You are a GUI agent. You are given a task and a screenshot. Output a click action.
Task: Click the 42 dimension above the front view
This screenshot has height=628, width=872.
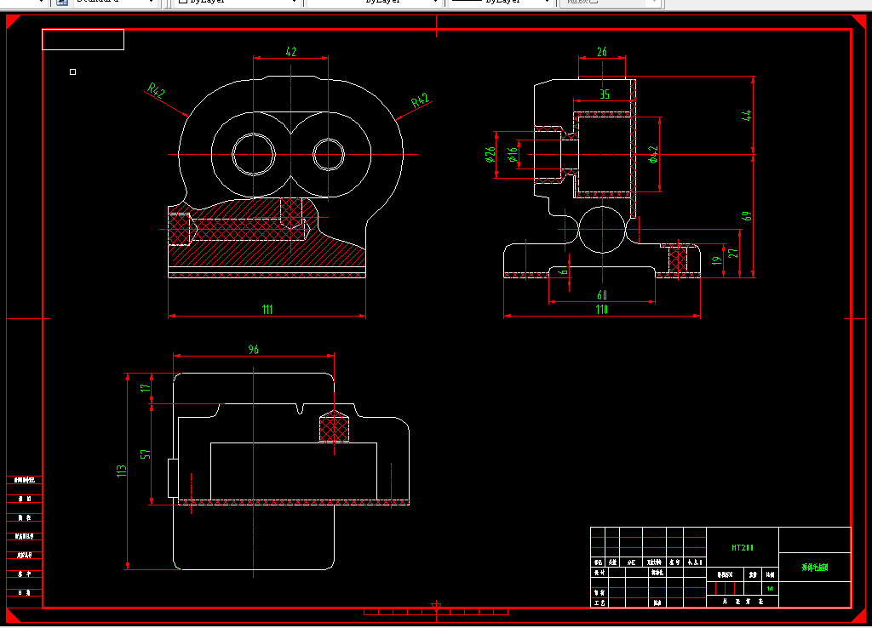[x=290, y=52]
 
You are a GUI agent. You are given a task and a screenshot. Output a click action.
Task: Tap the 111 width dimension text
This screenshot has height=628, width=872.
[x=267, y=310]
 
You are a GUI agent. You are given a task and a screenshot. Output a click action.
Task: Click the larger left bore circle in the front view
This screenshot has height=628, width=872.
[x=255, y=154]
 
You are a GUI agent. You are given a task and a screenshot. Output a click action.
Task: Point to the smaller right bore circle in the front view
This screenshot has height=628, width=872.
[x=328, y=154]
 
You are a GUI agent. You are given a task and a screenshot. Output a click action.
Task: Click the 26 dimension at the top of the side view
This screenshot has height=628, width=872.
[x=602, y=52]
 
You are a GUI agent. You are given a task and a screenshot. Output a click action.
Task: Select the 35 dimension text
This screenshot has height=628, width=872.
[x=605, y=94]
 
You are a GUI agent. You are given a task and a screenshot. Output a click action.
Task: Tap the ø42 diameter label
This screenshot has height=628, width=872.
[x=654, y=154]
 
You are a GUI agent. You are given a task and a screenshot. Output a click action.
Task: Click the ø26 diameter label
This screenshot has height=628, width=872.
[x=490, y=154]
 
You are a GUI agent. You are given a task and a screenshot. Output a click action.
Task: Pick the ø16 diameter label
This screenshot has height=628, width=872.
[x=512, y=154]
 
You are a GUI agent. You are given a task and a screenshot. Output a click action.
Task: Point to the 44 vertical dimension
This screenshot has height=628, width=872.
[x=748, y=116]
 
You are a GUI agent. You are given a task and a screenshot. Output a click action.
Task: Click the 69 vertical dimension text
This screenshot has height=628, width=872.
[x=748, y=215]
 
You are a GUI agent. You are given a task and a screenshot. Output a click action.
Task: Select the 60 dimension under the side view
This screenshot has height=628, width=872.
[x=602, y=295]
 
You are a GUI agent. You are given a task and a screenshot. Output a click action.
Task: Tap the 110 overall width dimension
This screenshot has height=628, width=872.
[x=602, y=310]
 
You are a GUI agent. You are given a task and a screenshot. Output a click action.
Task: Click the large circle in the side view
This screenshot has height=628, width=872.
[x=602, y=229]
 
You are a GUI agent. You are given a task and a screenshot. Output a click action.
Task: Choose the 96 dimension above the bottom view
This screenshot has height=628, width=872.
[x=253, y=349]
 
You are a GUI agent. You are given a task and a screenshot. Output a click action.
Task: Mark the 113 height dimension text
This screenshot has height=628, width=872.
[x=122, y=470]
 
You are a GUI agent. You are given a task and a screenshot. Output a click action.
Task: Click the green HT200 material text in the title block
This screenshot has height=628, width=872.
[x=743, y=548]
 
